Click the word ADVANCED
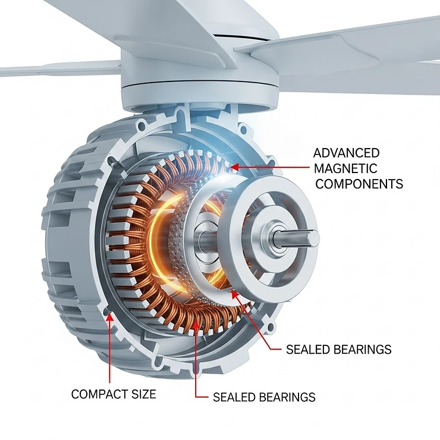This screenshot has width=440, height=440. pyautogui.click(x=346, y=153)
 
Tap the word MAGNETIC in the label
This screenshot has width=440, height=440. pyautogui.click(x=346, y=169)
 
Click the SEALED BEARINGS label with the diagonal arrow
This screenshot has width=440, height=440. pyautogui.click(x=338, y=350)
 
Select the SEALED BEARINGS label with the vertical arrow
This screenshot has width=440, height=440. pyautogui.click(x=264, y=397)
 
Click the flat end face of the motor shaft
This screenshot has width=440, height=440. pyautogui.click(x=313, y=238)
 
